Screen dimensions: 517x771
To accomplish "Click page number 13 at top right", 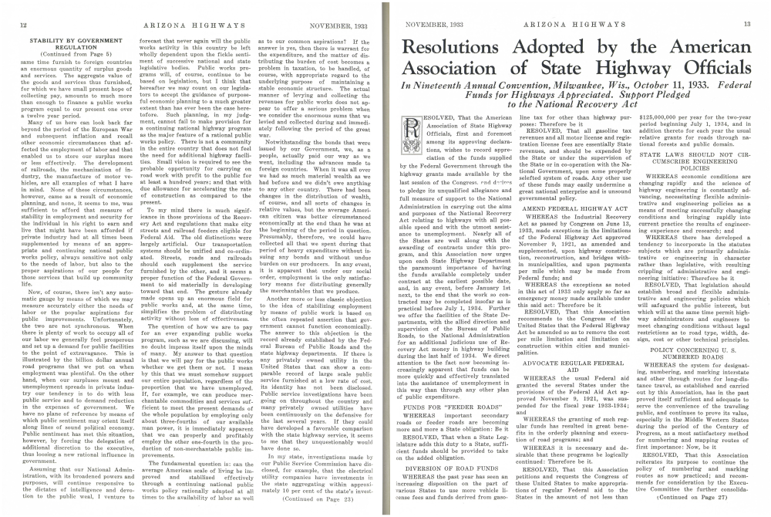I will pos(747,25).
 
